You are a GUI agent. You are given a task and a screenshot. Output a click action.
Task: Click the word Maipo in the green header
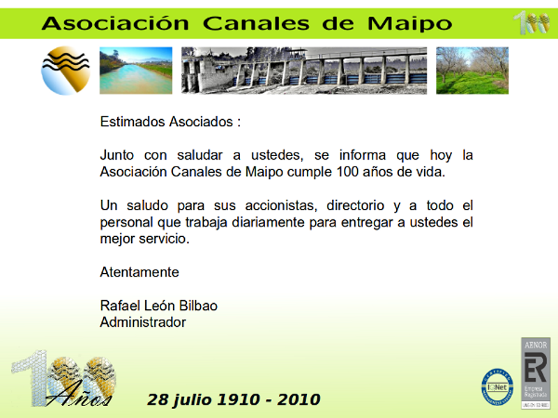pos(409,24)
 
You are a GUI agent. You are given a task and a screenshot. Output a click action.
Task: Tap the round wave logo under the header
pos(66,70)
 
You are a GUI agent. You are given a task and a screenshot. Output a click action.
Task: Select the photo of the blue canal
pos(135,70)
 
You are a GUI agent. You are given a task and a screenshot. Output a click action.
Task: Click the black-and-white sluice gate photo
pos(304,70)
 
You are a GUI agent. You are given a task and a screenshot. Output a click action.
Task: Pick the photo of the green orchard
pos(472,70)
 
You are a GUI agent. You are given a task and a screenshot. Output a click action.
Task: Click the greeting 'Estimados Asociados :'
pos(170,122)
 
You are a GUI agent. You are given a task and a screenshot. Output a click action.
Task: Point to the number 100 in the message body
pos(348,172)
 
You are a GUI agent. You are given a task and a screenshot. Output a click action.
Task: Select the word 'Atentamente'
pos(139,272)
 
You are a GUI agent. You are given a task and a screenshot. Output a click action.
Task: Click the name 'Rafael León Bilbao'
pos(158,307)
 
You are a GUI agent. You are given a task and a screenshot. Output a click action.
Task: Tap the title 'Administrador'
pos(143,323)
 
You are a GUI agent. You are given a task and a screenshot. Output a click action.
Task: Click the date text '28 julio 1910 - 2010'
pos(234,400)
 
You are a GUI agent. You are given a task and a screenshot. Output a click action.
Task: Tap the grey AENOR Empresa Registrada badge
pos(536,373)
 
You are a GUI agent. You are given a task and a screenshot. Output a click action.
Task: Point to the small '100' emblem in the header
pos(531,23)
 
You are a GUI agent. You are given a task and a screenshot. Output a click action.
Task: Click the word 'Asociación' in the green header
pos(115,24)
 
